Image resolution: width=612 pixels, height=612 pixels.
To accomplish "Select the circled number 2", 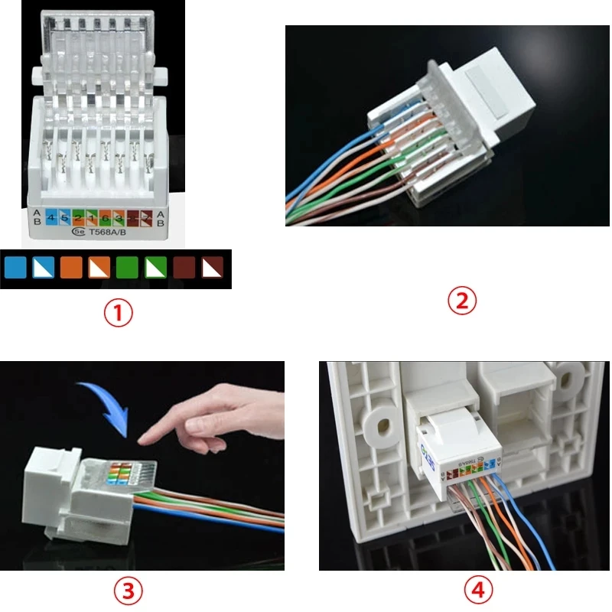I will click(x=461, y=301).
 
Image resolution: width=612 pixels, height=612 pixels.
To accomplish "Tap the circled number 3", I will click(x=129, y=590).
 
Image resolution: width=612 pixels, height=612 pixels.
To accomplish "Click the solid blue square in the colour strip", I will click(x=16, y=268).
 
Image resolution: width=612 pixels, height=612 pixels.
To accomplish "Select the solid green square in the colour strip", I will click(x=127, y=268).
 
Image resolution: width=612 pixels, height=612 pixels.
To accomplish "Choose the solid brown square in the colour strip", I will click(x=184, y=268).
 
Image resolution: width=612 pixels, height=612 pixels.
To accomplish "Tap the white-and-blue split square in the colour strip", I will click(x=44, y=268).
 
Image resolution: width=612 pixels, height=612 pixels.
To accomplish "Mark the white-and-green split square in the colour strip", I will click(x=155, y=268).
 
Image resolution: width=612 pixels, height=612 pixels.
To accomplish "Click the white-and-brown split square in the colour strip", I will click(x=212, y=268).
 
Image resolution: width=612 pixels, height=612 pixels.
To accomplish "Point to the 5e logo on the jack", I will click(x=77, y=232).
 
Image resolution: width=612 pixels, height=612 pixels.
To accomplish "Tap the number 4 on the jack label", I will click(x=50, y=217).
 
